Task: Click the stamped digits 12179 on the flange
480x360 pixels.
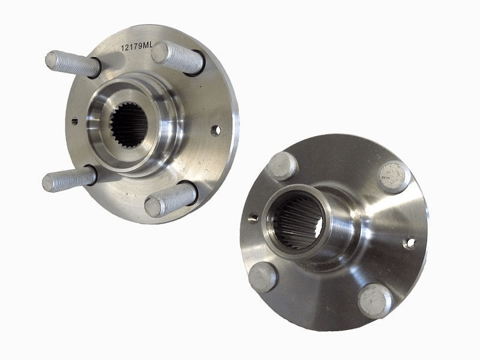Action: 131,47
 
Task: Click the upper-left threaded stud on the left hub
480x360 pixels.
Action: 72,63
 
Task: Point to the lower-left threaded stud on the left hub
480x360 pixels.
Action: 68,179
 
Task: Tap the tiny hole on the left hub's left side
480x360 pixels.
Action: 74,121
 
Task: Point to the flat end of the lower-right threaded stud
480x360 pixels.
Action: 151,208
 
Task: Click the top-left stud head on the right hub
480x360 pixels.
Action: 281,166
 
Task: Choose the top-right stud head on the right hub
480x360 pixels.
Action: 394,176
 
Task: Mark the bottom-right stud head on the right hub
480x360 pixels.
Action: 374,300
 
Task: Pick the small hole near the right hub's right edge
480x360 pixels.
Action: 410,243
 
